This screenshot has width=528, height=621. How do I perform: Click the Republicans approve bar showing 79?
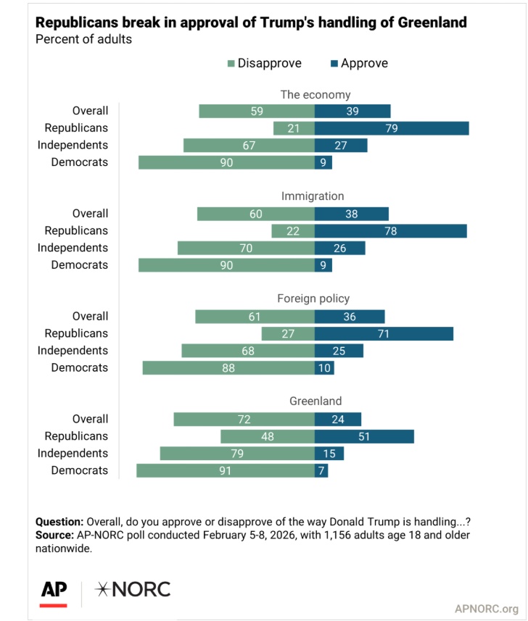(x=392, y=128)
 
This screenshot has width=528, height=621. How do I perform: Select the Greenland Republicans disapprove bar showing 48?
(x=267, y=436)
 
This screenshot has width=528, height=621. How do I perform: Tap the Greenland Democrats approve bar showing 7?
(x=321, y=471)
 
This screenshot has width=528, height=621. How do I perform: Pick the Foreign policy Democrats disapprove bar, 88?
(x=228, y=368)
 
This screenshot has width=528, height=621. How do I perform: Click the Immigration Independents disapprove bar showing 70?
(x=246, y=248)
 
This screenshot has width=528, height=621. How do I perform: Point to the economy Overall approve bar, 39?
(x=352, y=111)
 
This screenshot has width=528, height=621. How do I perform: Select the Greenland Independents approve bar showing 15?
(x=329, y=454)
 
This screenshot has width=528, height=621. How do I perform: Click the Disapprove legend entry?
(x=264, y=63)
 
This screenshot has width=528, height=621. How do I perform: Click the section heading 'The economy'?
(x=315, y=94)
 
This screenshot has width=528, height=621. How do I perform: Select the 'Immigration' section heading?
(x=313, y=196)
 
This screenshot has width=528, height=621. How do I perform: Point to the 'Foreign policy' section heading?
(x=313, y=299)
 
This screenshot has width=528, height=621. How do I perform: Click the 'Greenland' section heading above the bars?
(x=315, y=401)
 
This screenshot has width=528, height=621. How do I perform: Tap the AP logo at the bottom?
(x=54, y=590)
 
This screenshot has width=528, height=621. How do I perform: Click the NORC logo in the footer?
(x=134, y=589)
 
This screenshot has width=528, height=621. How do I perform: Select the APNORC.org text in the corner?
(x=486, y=609)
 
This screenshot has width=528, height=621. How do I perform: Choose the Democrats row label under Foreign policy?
(x=79, y=368)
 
